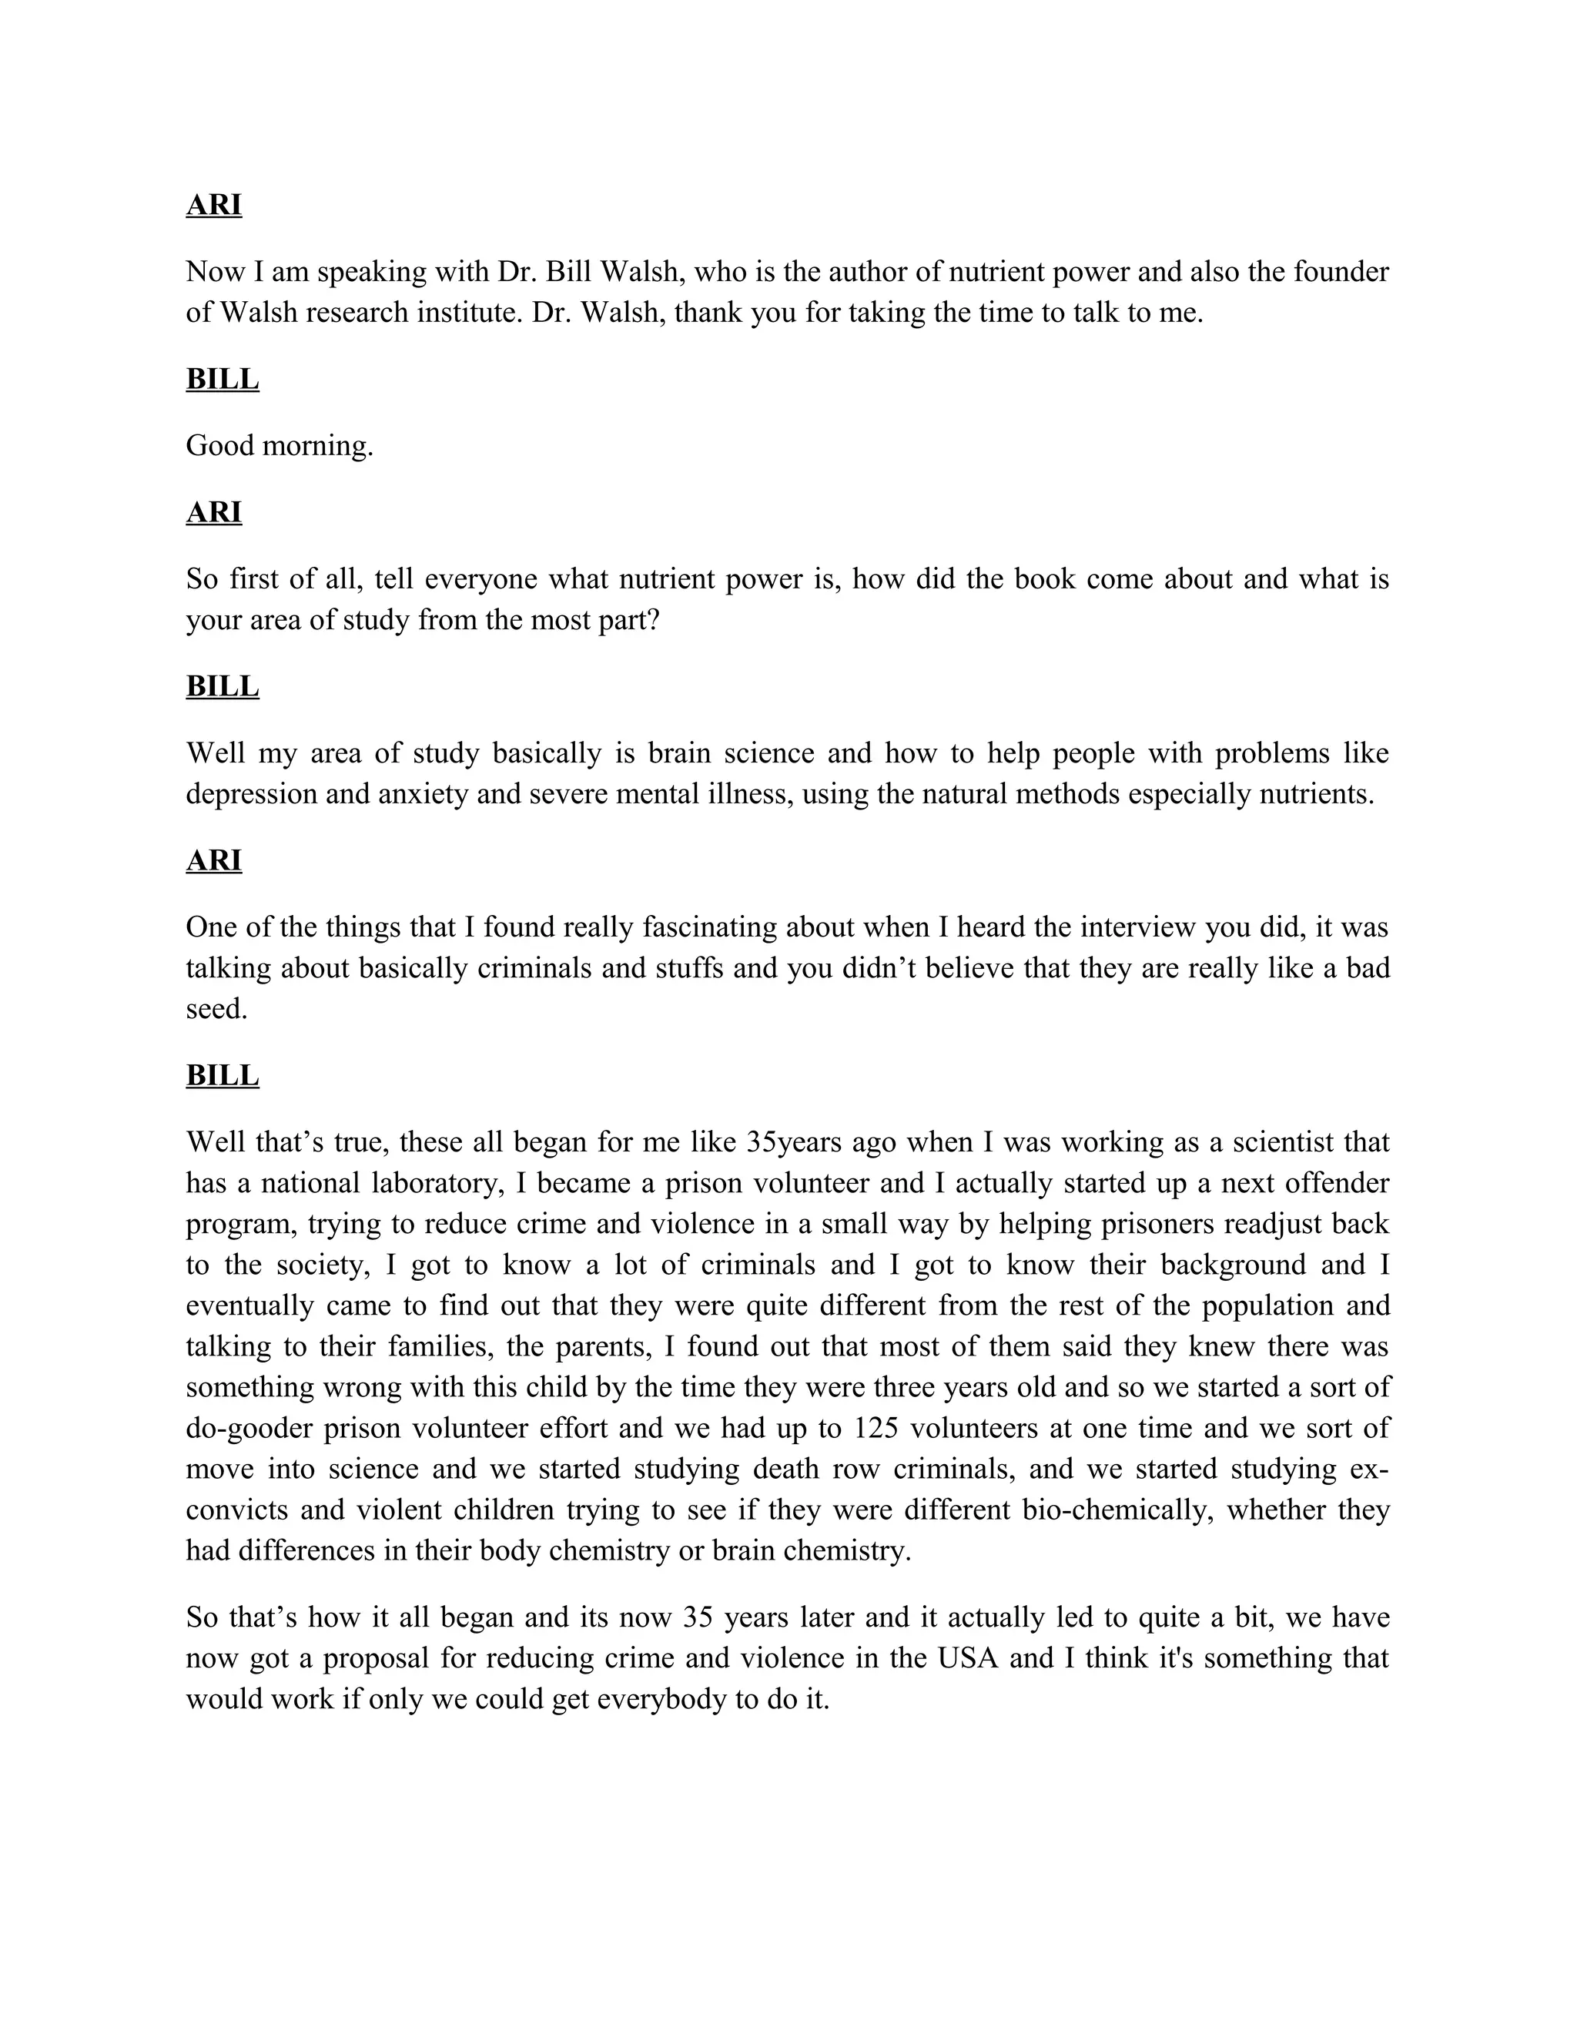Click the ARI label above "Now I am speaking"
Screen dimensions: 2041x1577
point(214,205)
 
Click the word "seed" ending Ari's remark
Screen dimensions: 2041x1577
point(216,1008)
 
